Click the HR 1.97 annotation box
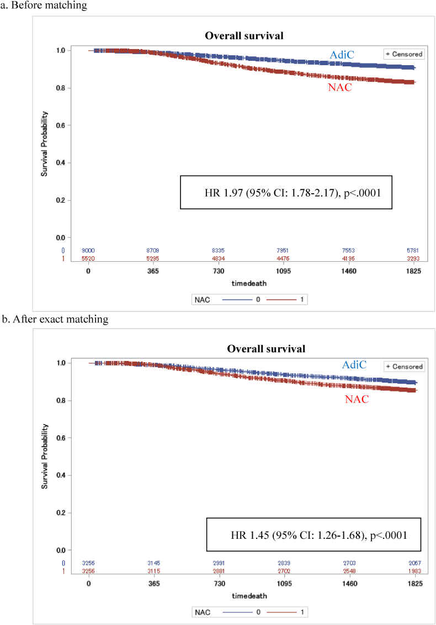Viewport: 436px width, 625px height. (x=286, y=192)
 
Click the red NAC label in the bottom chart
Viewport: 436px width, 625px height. (x=357, y=399)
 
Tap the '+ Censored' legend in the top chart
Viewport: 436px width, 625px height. (x=404, y=54)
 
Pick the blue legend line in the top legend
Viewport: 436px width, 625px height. (x=240, y=299)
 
